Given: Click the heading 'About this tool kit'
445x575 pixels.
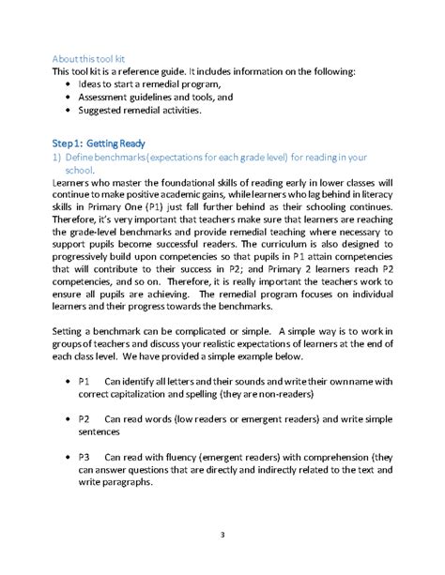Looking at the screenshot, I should (x=92, y=57).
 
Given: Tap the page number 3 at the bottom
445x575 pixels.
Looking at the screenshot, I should (x=222, y=535).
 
